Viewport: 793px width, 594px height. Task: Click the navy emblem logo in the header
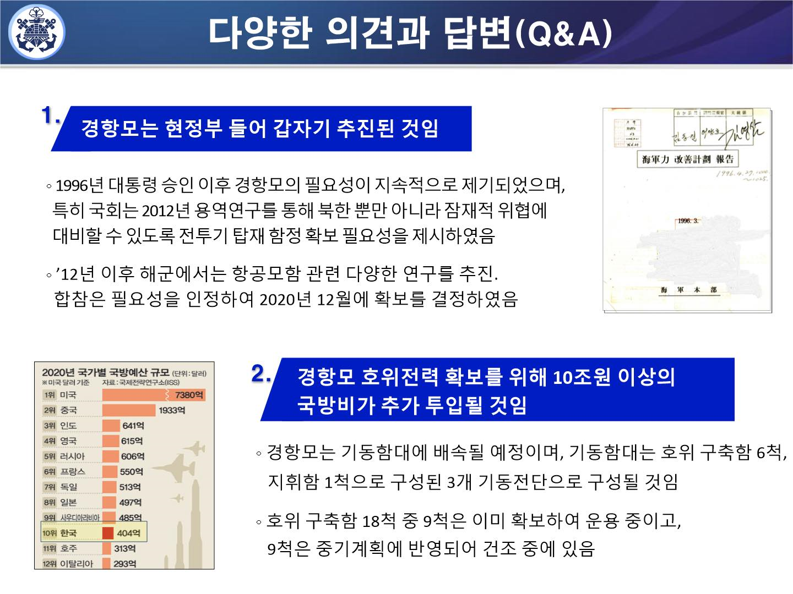pos(37,32)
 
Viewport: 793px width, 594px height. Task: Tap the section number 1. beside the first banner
pos(51,116)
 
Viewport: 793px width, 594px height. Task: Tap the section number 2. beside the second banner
pos(261,374)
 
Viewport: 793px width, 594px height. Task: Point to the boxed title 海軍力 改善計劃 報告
pos(688,159)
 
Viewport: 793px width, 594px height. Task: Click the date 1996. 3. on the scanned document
pos(688,221)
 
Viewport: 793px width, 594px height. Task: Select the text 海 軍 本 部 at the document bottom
pos(688,290)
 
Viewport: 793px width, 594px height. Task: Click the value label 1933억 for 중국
pos(172,410)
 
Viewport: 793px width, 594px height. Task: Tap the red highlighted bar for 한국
pos(107,533)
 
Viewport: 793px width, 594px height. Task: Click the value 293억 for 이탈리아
pos(124,564)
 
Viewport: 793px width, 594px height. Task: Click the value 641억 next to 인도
pos(133,426)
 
